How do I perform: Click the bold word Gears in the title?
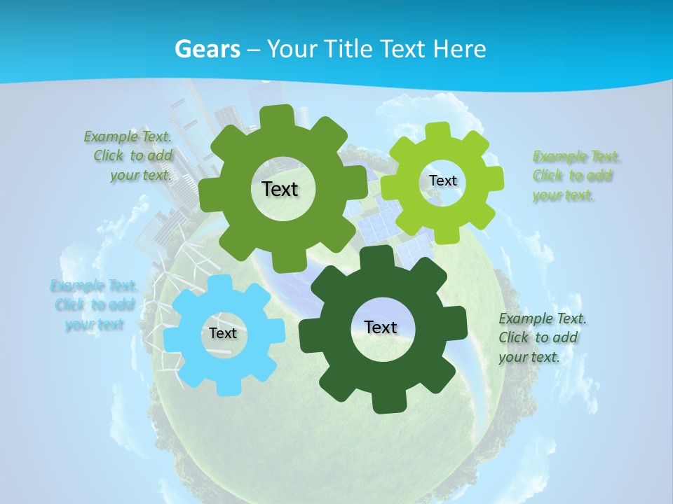point(207,49)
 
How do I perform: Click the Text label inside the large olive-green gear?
point(280,189)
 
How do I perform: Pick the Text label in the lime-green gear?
point(442,181)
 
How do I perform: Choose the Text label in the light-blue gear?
point(223,333)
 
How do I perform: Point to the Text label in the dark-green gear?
point(381,327)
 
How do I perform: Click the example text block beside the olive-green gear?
point(129,156)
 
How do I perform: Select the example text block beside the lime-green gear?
point(576,176)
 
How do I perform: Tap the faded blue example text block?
point(94,304)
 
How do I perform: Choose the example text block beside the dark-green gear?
point(542,337)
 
